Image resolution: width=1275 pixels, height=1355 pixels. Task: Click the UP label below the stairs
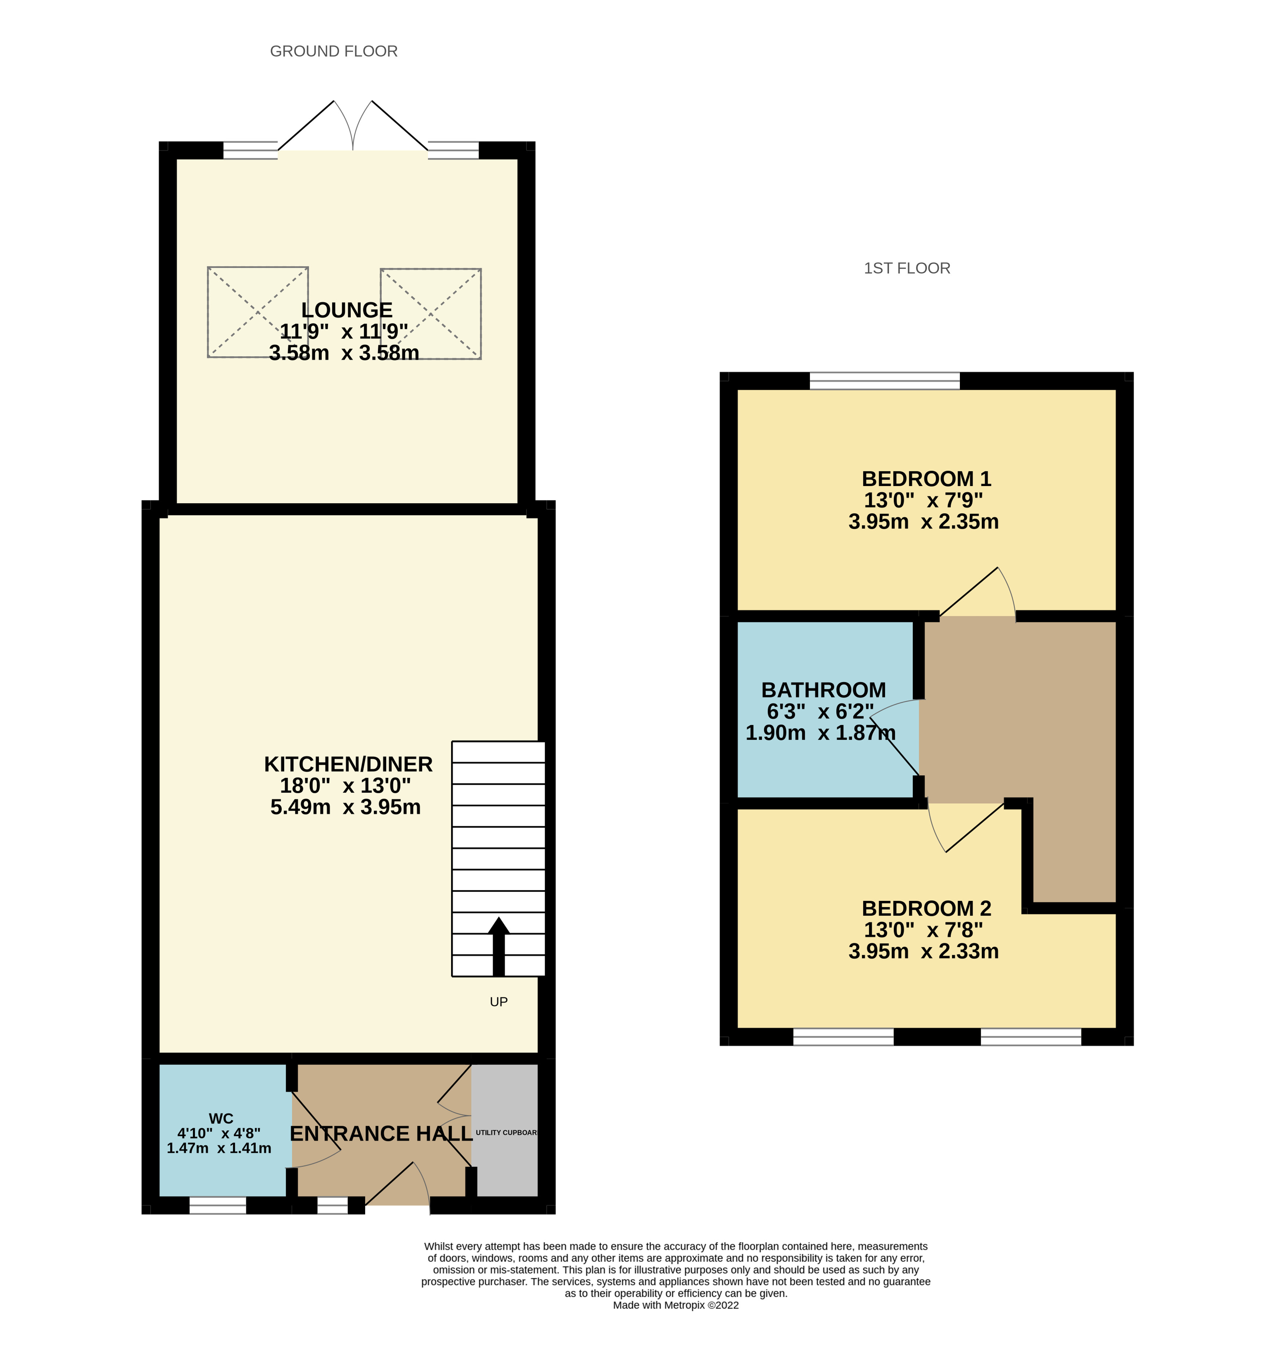pos(498,1001)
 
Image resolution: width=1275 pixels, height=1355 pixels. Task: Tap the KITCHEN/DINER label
pos(348,764)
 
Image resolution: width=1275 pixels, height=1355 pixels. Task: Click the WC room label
pos(221,1118)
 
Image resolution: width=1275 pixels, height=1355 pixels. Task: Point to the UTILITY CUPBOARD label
pos(506,1132)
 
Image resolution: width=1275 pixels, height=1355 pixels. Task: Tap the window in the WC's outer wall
pos(217,1206)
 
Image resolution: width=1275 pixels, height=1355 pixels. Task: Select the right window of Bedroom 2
pos(1030,1037)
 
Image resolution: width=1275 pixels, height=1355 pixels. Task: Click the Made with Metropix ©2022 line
pos(675,1305)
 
